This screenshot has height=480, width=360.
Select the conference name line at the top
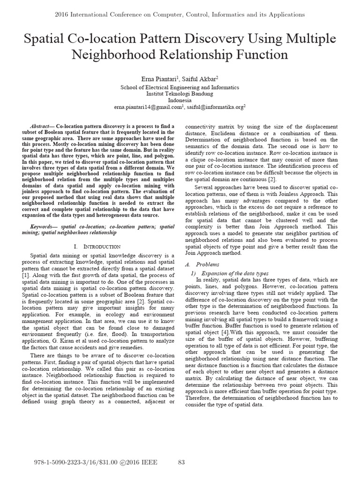pos(180,15)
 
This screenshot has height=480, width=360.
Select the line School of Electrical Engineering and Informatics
pos(180,87)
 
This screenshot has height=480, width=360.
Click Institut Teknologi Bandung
pos(180,94)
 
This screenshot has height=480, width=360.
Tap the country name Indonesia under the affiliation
pos(180,100)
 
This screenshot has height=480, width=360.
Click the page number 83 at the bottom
pos(182,463)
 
